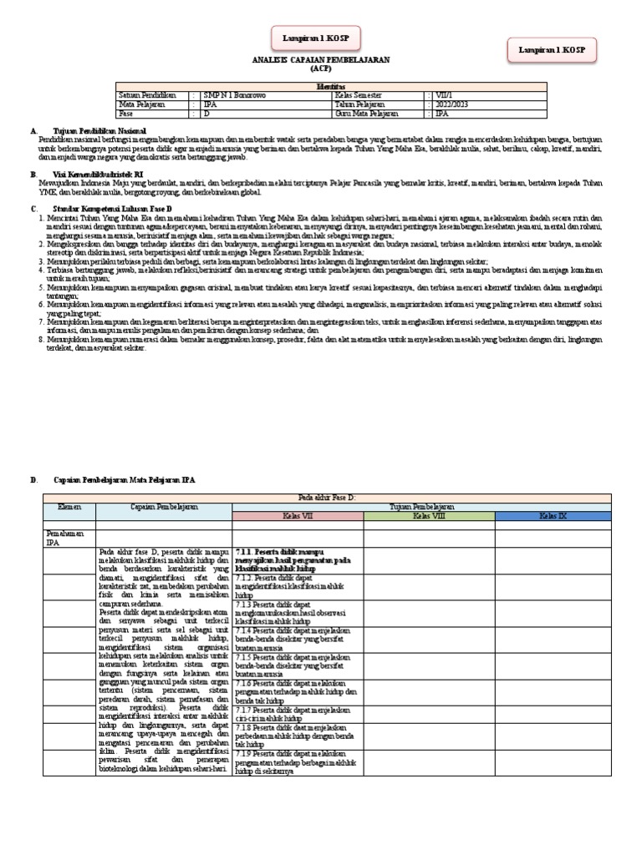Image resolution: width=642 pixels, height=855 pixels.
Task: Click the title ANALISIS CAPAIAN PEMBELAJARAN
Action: [x=322, y=60]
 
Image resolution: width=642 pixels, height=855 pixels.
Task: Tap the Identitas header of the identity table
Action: [x=329, y=86]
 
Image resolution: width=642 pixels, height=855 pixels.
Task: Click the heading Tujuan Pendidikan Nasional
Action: [x=101, y=131]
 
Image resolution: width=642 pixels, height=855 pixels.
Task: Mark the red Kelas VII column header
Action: [x=297, y=516]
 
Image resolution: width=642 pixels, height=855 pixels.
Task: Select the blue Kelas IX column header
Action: [x=553, y=516]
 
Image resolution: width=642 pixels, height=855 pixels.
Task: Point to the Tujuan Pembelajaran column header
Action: [x=425, y=506]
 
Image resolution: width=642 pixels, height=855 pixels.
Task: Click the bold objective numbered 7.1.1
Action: [x=297, y=560]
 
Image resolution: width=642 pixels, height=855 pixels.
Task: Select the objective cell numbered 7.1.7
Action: [x=297, y=714]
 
